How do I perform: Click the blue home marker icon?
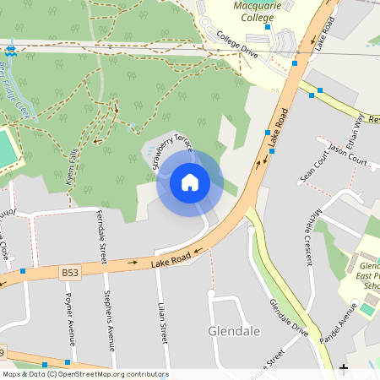(190, 182)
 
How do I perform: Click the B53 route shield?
(71, 272)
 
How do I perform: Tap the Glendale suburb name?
(233, 330)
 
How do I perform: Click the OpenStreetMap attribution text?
(85, 374)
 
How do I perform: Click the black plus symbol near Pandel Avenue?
(344, 368)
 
